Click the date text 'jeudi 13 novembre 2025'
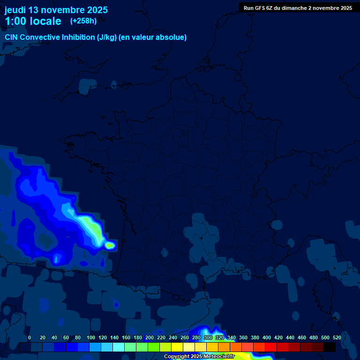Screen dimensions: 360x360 (x=56, y=10)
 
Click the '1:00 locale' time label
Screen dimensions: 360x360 (x=33, y=21)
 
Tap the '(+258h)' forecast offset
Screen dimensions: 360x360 (x=83, y=21)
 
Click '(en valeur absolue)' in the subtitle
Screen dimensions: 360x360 (x=153, y=37)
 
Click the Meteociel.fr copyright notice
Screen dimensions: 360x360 (x=199, y=357)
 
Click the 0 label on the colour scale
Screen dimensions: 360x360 (x=30, y=337)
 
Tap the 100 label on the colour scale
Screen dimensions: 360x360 (x=90, y=337)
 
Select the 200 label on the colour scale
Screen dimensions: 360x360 (x=150, y=337)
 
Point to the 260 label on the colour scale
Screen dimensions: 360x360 (x=185, y=337)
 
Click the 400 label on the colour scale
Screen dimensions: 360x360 (x=267, y=337)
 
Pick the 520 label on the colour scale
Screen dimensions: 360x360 (x=337, y=337)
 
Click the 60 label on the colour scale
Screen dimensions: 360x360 (x=66, y=337)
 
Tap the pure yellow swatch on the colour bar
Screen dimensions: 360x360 (x=177, y=347)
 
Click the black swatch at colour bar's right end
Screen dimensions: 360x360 (x=330, y=347)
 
